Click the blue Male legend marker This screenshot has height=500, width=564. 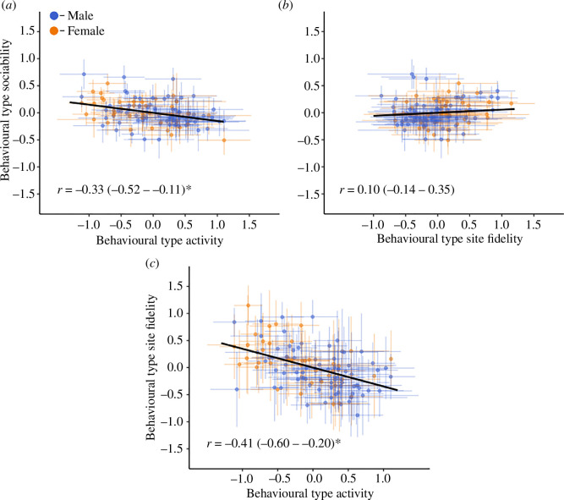[x=54, y=16]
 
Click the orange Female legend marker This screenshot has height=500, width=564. [x=54, y=31]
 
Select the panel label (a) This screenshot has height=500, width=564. [x=8, y=6]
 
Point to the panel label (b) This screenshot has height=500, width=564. [x=286, y=6]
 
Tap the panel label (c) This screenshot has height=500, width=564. [x=152, y=263]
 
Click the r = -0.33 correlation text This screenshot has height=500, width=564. [x=124, y=190]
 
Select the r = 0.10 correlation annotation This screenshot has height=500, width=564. [x=397, y=190]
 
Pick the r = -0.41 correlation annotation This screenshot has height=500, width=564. [x=273, y=443]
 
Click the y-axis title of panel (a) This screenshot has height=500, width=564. [x=6, y=110]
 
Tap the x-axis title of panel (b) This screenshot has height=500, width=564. [x=450, y=239]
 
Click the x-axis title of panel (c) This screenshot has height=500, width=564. [x=310, y=493]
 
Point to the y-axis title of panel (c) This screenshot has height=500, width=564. [x=151, y=367]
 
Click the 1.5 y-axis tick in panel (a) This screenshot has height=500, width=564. [x=27, y=31]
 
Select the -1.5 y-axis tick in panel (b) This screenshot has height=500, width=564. [x=308, y=195]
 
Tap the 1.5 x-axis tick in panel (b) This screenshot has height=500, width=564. [x=534, y=225]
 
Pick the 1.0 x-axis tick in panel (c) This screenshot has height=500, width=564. [x=383, y=479]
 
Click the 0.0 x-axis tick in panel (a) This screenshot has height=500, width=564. [x=153, y=225]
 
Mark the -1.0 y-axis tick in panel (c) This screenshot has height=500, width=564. [x=172, y=421]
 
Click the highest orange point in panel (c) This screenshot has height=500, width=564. [x=249, y=305]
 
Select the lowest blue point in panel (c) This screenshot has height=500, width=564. [x=358, y=415]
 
